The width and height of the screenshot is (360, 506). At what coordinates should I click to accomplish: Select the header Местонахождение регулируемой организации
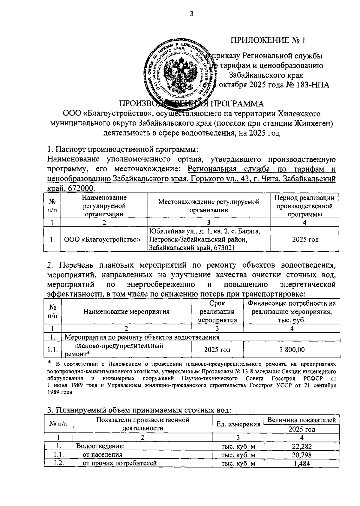[x=209, y=206]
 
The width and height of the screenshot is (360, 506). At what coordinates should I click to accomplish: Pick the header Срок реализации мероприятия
[x=217, y=312]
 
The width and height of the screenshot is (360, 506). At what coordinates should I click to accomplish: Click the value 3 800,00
[x=292, y=350]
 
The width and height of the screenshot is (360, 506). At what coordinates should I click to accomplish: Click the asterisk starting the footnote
[x=50, y=363]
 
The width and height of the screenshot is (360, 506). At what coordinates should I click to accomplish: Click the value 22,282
[x=302, y=446]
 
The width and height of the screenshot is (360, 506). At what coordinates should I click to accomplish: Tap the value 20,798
[x=302, y=455]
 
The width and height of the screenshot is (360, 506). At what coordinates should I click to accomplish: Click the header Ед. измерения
[x=238, y=424]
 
